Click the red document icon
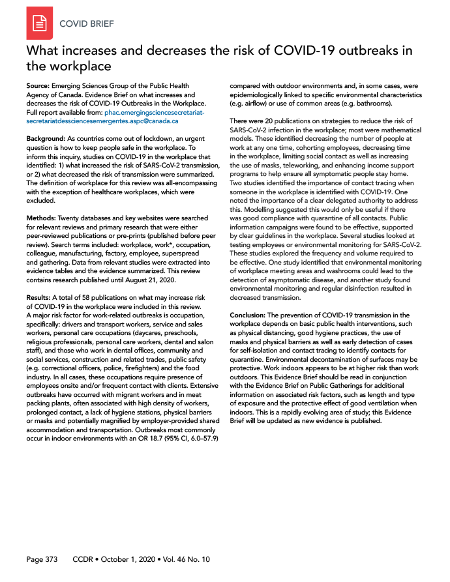click(39, 24)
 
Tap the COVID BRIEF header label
click(86, 25)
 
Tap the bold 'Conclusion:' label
click(247, 315)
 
